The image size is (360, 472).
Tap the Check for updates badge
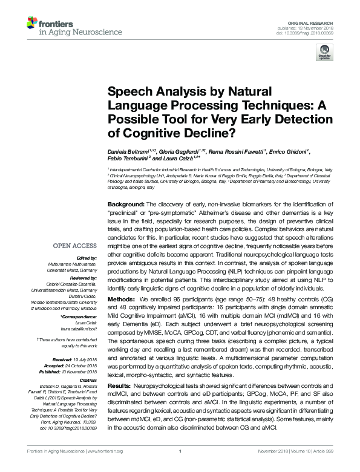click(324, 55)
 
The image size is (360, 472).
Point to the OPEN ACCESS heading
click(74, 246)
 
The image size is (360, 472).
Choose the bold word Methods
click(122, 299)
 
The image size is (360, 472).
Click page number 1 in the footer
click(180, 468)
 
